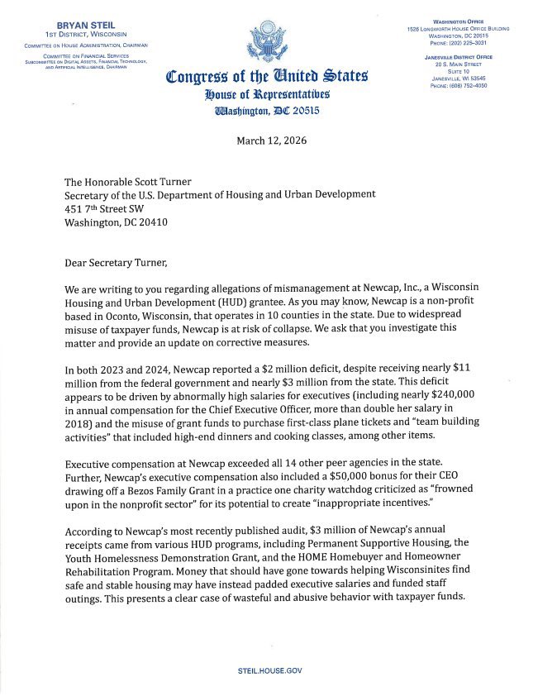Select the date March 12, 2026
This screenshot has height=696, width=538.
(271, 141)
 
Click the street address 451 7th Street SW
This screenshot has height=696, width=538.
(110, 208)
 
